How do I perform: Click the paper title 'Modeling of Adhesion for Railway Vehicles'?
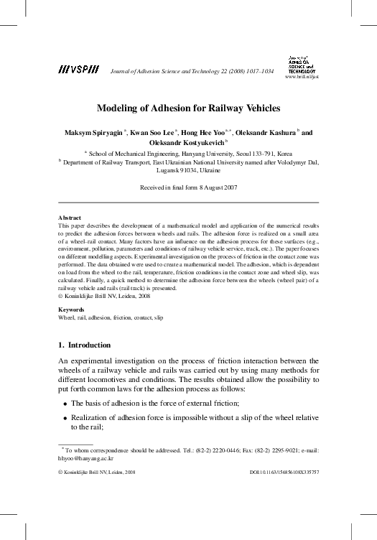click(188, 108)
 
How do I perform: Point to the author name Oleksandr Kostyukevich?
click(185, 143)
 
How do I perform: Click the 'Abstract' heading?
click(69, 217)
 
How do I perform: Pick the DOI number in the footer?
click(284, 472)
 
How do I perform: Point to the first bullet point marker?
click(64, 404)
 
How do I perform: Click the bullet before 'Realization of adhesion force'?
click(64, 418)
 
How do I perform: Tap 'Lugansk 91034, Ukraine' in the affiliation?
click(188, 172)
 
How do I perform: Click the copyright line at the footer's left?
click(96, 472)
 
